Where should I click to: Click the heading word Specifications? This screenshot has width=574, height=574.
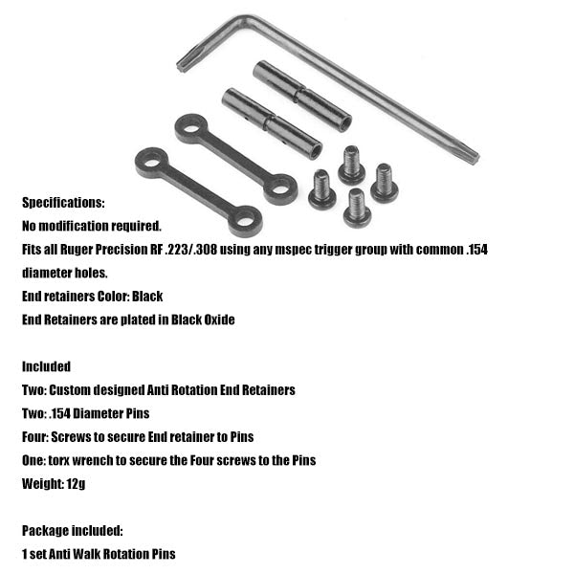(63, 203)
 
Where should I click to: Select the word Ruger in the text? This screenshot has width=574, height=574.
(101, 249)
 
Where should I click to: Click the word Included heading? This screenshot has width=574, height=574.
(46, 366)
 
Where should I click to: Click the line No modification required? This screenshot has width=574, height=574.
(92, 226)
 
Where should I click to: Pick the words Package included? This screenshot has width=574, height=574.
(73, 530)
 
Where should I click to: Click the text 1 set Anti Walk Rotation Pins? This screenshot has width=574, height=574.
(99, 554)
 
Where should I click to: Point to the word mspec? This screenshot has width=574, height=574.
(325, 249)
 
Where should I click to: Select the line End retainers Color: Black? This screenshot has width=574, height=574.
(92, 297)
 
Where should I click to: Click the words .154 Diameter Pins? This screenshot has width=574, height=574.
(106, 413)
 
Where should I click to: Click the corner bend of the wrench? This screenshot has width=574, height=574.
(251, 19)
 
